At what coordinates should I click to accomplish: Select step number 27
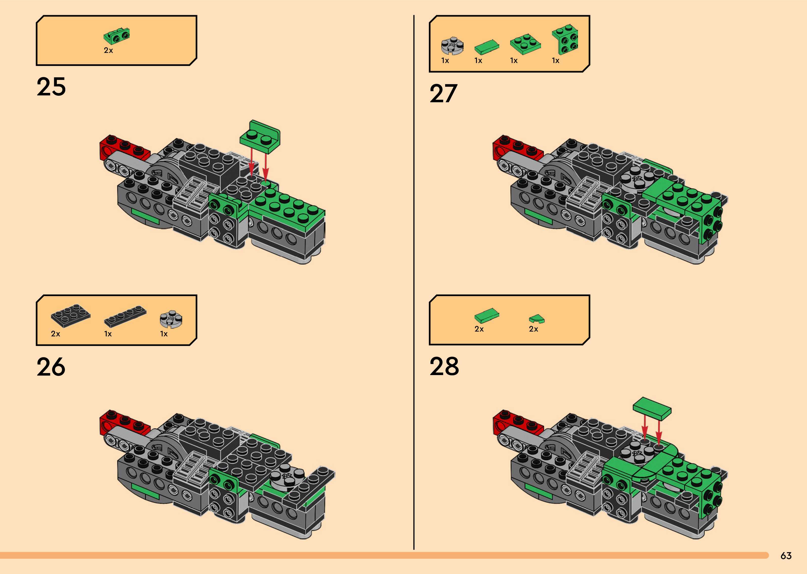tap(443, 94)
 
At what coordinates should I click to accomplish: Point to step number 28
tap(444, 366)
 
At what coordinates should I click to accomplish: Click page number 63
tap(786, 556)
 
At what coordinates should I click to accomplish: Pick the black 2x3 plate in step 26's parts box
tap(71, 315)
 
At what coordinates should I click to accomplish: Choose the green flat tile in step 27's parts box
tap(487, 47)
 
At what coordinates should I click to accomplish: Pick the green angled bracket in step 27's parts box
tap(565, 39)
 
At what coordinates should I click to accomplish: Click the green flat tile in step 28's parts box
tap(487, 315)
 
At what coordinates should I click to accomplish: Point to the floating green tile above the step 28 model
tap(652, 408)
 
